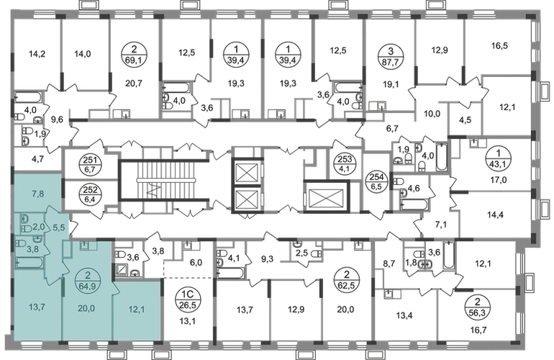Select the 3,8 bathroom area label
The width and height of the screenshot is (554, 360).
32,248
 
